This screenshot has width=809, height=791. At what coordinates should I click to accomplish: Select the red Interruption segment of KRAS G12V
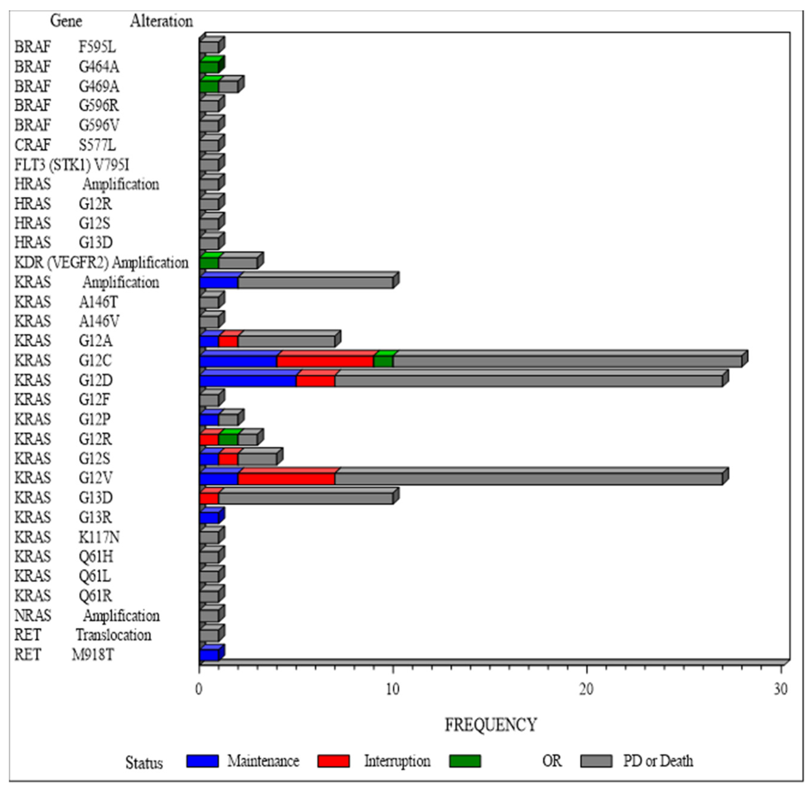[x=286, y=479]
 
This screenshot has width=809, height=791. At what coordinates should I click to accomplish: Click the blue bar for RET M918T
[x=209, y=655]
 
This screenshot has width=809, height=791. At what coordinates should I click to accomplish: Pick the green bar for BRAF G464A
[x=209, y=67]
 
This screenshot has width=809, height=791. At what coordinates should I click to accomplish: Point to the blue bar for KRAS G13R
[x=209, y=518]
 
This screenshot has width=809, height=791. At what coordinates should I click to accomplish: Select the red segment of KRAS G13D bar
[x=209, y=498]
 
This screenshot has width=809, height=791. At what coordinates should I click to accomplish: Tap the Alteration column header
[x=161, y=21]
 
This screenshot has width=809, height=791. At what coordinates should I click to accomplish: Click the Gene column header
[x=66, y=21]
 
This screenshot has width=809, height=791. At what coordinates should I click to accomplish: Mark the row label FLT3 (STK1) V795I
[x=72, y=165]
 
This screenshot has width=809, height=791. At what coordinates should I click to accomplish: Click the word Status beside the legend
[x=144, y=763]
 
